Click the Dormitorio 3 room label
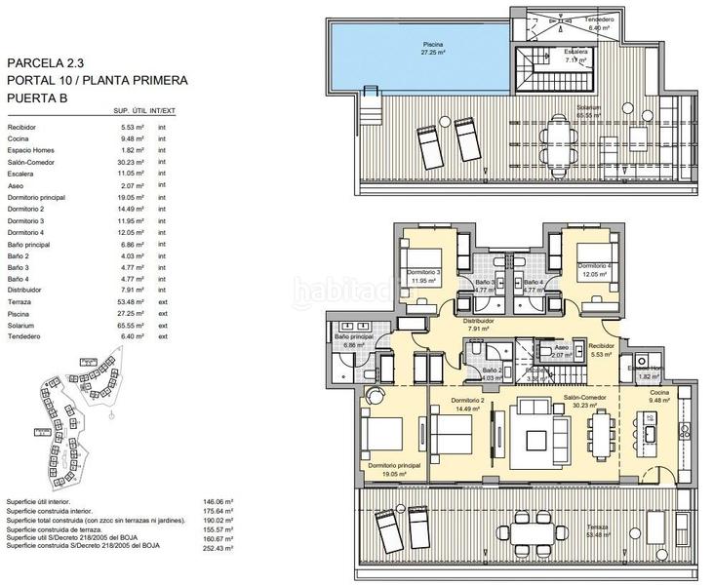tap(426, 272)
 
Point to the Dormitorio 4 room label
tap(592, 266)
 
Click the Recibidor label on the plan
tap(602, 344)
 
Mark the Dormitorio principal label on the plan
tap(395, 466)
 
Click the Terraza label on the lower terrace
tap(598, 527)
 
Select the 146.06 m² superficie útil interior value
tap(226, 499)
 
